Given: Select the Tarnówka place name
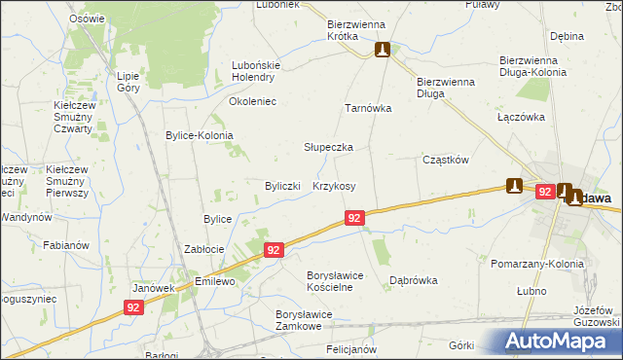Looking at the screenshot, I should click(368, 109).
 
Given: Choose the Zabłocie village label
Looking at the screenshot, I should click(205, 250).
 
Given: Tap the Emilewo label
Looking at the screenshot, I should click(216, 282).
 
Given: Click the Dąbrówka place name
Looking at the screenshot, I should click(413, 280).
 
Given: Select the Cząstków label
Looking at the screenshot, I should click(446, 160).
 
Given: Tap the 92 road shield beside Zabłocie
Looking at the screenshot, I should click(274, 250).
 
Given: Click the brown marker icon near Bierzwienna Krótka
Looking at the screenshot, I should click(383, 50).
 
